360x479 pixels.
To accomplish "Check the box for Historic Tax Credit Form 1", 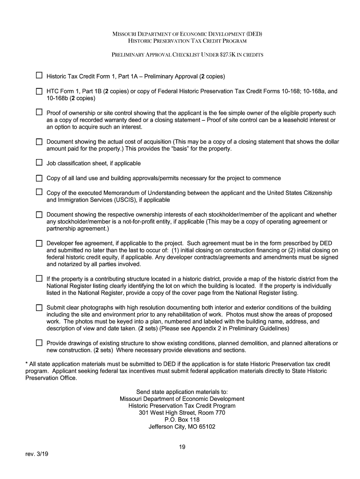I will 39,75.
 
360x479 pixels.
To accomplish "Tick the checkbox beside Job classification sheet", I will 39,163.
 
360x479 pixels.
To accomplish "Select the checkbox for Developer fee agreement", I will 39,243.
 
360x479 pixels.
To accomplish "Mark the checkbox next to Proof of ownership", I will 39,113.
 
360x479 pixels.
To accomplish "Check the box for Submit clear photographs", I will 39,308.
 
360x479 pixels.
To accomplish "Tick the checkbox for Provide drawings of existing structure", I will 39,343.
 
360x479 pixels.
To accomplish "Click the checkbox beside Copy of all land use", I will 39,178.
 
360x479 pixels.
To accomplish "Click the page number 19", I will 182,447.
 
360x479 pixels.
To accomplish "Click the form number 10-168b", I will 58,98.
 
